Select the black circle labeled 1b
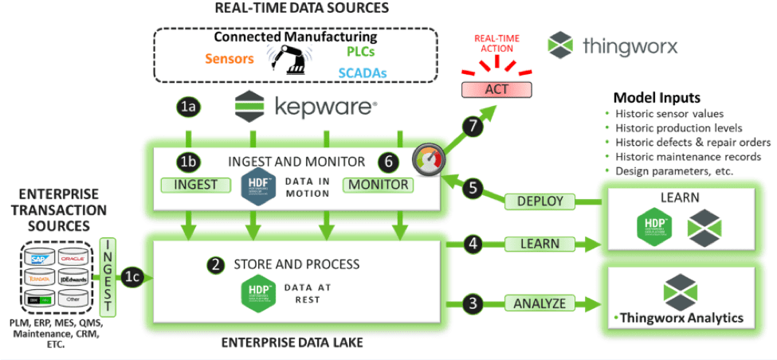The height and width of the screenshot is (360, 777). (188, 162)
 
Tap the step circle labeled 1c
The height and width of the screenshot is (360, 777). (132, 277)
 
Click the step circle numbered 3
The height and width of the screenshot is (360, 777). (473, 303)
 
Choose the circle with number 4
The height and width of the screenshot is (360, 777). (473, 243)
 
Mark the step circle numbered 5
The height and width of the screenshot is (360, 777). (473, 189)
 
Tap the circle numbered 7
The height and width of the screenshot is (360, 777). (473, 124)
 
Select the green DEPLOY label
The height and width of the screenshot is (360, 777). (539, 202)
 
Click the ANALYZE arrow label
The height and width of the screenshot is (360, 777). (539, 303)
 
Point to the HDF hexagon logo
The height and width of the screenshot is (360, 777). (255, 185)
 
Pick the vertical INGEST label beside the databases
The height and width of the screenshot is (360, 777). (108, 276)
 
